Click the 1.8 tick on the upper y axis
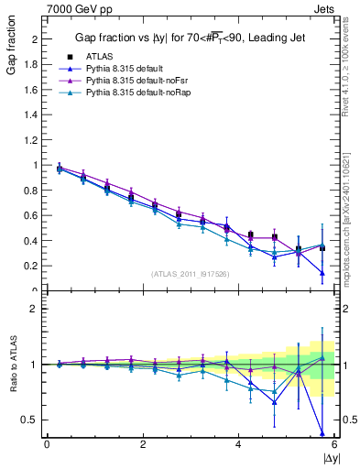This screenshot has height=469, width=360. pos(33,65)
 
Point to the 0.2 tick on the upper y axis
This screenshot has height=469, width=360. pos(33,267)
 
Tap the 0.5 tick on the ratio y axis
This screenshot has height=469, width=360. pos(33,420)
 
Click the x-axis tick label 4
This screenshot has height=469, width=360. pos(238,445)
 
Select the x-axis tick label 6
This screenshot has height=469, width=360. pos(334,445)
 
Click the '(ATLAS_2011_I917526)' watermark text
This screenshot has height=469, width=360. pos(191,274)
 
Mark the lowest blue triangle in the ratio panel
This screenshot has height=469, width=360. pos(322,432)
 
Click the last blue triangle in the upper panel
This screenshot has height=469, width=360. pos(322,272)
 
